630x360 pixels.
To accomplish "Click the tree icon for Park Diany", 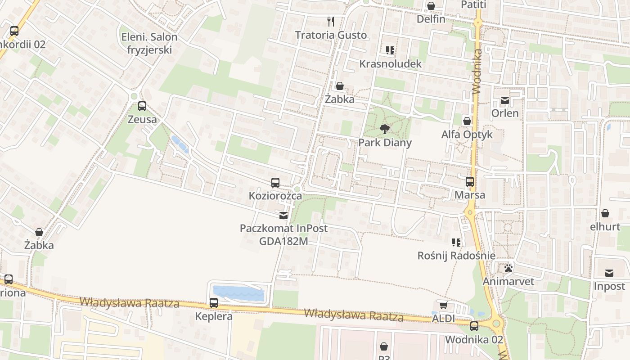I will tap(384, 130).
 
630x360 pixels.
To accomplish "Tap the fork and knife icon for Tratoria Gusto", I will tap(331, 22).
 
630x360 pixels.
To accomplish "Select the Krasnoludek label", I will tap(390, 64).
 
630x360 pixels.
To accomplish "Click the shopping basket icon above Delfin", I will tap(431, 6).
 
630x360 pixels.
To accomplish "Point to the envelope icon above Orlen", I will tap(505, 100).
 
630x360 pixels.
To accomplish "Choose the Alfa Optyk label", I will tap(467, 135).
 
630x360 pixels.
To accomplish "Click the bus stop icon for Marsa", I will tap(470, 182).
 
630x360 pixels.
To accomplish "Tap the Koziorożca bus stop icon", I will tap(275, 183).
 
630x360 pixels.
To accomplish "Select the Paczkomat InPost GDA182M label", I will tap(283, 234).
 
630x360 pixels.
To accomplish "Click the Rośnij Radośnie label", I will tap(456, 256).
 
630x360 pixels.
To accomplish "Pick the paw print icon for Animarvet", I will tap(508, 268).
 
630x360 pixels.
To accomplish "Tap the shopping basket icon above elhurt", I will tap(605, 213).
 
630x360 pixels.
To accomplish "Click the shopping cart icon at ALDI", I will tap(443, 306).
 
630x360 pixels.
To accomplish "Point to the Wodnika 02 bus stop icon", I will tap(474, 326).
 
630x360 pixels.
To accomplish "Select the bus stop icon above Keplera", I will tap(214, 303).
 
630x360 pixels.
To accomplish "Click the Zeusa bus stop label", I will tap(142, 120).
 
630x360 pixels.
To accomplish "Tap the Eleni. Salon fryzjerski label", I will tap(149, 44).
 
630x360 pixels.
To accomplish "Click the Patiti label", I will tap(474, 4).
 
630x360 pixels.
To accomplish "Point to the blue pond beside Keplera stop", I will tap(238, 293).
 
